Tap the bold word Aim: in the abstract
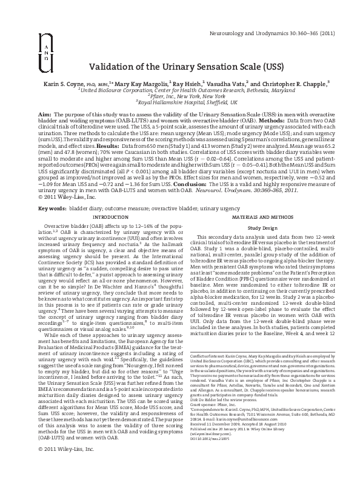(x=45, y=113)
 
